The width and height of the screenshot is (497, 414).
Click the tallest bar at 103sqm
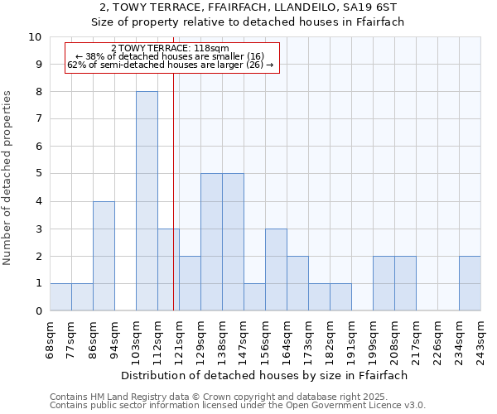tap(147, 201)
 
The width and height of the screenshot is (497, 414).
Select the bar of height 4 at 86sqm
tap(104, 256)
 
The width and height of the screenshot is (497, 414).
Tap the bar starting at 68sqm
tap(60, 297)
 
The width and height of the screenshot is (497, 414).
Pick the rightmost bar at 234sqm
tap(470, 283)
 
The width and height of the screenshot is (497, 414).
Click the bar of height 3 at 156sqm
tap(276, 270)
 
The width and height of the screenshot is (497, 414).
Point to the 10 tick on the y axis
tap(35, 37)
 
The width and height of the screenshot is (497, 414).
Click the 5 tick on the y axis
tap(38, 174)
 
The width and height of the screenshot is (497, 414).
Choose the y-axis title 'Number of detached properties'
tap(8, 179)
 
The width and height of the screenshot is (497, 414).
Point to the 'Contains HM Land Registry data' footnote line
tap(237, 397)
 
